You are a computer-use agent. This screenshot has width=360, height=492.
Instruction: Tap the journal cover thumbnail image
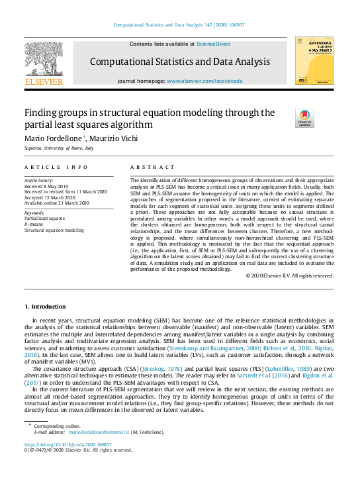coord(314,60)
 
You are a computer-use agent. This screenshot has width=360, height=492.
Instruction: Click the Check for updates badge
coord(304,119)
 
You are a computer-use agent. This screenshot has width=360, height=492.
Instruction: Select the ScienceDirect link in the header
coord(214,44)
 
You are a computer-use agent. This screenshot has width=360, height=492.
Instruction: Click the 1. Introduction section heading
coord(45,307)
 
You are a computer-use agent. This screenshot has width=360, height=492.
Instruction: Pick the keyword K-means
coord(34,224)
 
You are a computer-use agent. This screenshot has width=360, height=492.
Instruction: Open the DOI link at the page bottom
coord(68,444)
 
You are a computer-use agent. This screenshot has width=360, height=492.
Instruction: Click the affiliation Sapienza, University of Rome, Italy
coord(59,149)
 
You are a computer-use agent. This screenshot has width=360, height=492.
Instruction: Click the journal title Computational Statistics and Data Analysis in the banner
coord(180,62)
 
